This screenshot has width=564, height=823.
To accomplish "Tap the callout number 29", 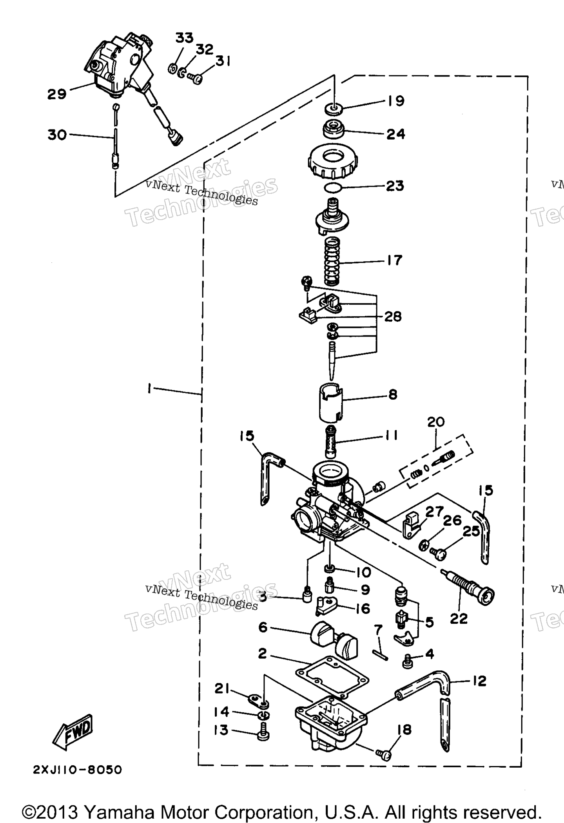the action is (57, 94).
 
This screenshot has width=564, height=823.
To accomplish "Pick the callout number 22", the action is (459, 619).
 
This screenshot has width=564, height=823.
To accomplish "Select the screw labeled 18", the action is (384, 754).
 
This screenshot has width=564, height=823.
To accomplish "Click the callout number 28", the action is (393, 317).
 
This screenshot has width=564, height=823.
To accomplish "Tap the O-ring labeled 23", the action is (334, 188).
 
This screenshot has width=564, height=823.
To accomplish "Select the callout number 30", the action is (57, 135).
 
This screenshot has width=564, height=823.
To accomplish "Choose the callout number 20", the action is (436, 422).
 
